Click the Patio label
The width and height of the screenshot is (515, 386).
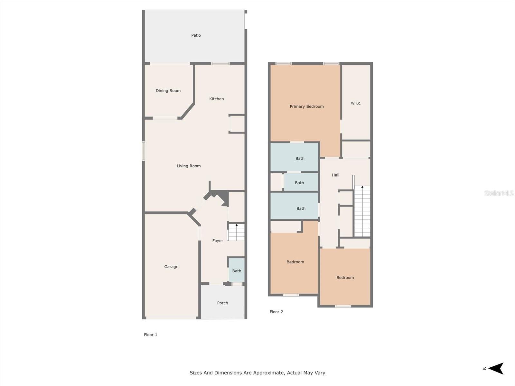click(x=196, y=35)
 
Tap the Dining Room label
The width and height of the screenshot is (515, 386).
click(x=168, y=91)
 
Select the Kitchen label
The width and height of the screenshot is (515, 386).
click(x=216, y=99)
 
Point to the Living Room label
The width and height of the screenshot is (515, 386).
click(x=189, y=166)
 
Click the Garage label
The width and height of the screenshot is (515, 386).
click(x=171, y=267)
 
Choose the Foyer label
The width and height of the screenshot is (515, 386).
click(x=218, y=241)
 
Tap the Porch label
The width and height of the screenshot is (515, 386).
click(x=222, y=303)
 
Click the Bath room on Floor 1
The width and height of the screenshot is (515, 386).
click(x=237, y=270)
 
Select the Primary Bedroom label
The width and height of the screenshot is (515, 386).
click(x=307, y=106)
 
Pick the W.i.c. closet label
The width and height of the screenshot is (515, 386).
click(x=356, y=103)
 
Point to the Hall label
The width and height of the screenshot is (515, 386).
click(x=335, y=175)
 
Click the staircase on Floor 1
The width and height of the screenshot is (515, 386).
click(x=236, y=232)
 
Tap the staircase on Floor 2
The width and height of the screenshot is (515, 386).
click(x=362, y=211)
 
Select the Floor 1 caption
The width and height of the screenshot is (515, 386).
click(x=150, y=335)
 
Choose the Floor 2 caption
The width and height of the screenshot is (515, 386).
click(x=276, y=312)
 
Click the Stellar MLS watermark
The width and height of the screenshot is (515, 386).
click(x=499, y=193)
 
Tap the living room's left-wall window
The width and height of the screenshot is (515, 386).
click(x=143, y=151)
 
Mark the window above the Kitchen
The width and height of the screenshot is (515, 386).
click(x=220, y=63)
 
